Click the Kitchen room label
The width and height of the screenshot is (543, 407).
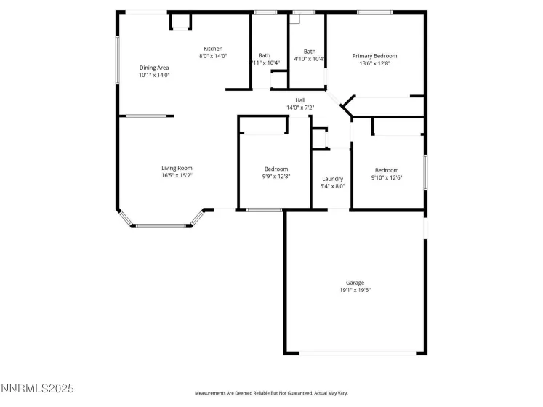[x=213, y=49]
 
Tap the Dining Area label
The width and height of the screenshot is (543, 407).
[x=154, y=68]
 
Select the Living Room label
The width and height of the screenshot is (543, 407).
[x=177, y=168]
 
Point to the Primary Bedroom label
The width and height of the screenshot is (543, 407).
[x=374, y=56]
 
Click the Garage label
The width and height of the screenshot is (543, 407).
[x=355, y=283]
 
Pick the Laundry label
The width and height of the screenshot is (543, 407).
[x=332, y=179]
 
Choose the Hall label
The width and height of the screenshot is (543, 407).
[x=300, y=100]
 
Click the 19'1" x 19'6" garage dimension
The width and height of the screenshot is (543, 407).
[x=355, y=290]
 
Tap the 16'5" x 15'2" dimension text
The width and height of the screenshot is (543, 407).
[x=177, y=175]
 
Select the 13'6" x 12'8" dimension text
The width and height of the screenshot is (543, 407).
[x=374, y=63]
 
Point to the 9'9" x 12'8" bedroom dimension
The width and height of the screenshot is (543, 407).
[x=276, y=176]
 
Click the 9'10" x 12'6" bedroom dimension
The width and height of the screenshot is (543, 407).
[x=387, y=177]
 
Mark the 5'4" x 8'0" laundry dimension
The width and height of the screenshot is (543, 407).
[x=332, y=186]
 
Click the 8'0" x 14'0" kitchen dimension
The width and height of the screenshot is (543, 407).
[x=213, y=56]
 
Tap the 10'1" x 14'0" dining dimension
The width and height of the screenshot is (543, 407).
[x=154, y=75]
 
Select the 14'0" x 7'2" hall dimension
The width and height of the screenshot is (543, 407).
[x=300, y=108]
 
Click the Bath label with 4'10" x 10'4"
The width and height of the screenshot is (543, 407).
[x=310, y=52]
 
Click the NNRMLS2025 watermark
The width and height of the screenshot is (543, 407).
[x=37, y=390]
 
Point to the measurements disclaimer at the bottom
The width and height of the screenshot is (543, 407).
[x=271, y=393]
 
